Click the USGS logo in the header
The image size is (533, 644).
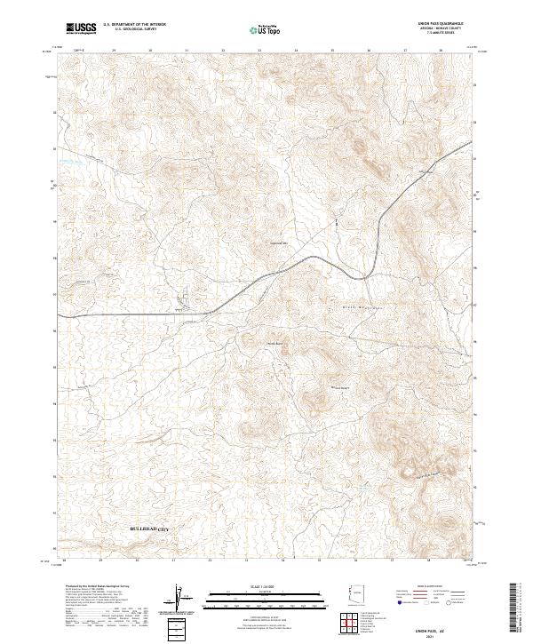coord(82,28)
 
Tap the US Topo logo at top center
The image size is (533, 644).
coord(266,28)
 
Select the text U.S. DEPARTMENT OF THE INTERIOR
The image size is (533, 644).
coord(134,25)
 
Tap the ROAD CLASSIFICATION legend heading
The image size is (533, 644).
coord(427,587)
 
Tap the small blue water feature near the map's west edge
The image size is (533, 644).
coord(70,162)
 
